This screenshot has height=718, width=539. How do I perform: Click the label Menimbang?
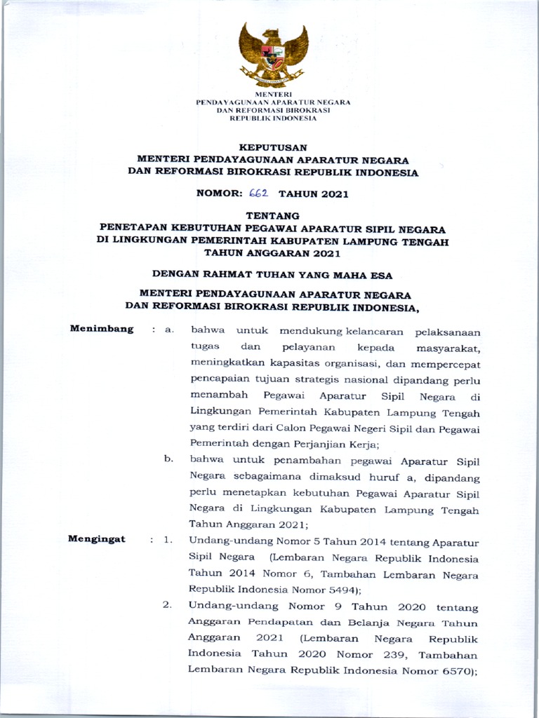click(102, 329)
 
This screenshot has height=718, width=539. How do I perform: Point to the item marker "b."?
click(168, 459)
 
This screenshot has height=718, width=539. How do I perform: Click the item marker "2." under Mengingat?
click(167, 605)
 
